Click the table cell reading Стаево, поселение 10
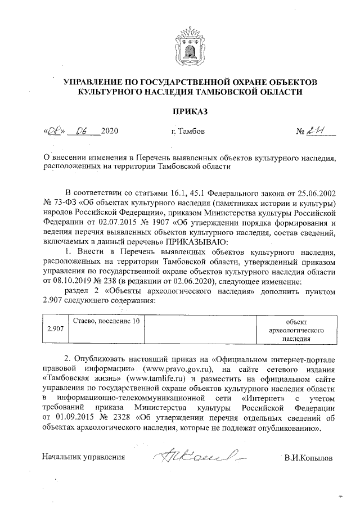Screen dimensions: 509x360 click(106, 321)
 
